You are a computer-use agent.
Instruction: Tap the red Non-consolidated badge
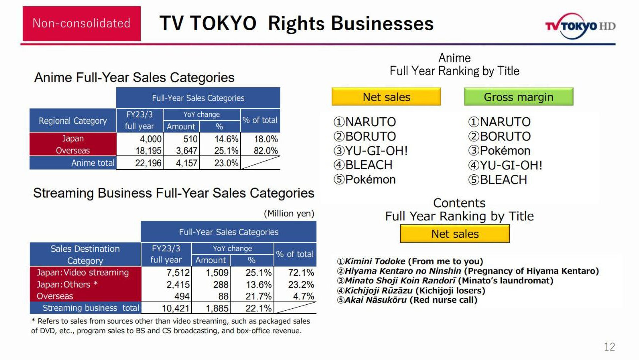81,23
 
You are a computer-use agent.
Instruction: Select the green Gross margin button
518,97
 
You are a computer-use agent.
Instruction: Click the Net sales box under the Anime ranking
386,97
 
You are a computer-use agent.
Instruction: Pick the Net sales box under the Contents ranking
455,234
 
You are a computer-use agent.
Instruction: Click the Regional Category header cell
73,121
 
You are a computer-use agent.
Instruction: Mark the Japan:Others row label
67,285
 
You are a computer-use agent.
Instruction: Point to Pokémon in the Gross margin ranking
500,151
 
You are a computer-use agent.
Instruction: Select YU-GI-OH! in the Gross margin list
505,165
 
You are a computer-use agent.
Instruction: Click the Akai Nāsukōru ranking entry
407,300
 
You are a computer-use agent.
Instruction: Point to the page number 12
609,347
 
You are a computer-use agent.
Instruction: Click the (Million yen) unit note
289,214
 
